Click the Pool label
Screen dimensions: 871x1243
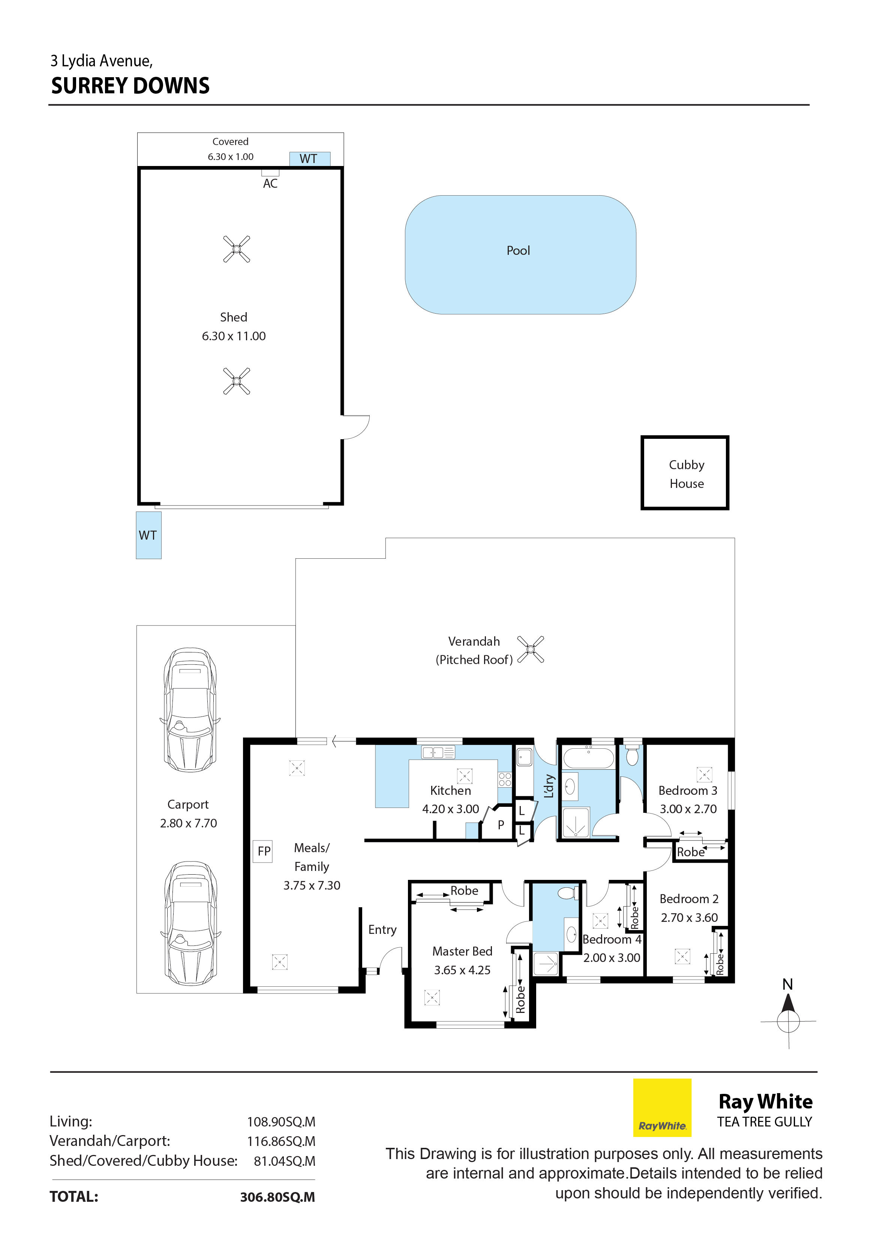pyautogui.click(x=518, y=251)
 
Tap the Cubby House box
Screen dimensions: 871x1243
pyautogui.click(x=685, y=473)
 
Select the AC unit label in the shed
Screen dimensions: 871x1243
pyautogui.click(x=270, y=184)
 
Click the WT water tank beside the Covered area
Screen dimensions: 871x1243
pyautogui.click(x=310, y=159)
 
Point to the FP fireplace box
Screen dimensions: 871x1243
pyautogui.click(x=263, y=851)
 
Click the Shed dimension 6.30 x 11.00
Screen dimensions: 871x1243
pyautogui.click(x=234, y=336)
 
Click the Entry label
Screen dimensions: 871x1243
pyautogui.click(x=382, y=930)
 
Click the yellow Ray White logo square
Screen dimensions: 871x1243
pyautogui.click(x=663, y=1108)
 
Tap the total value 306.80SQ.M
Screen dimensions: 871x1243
pyautogui.click(x=277, y=1197)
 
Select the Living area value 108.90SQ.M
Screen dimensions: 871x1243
pyautogui.click(x=281, y=1122)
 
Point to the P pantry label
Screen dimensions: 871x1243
pyautogui.click(x=501, y=825)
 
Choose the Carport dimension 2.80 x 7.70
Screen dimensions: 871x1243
pyautogui.click(x=189, y=823)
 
